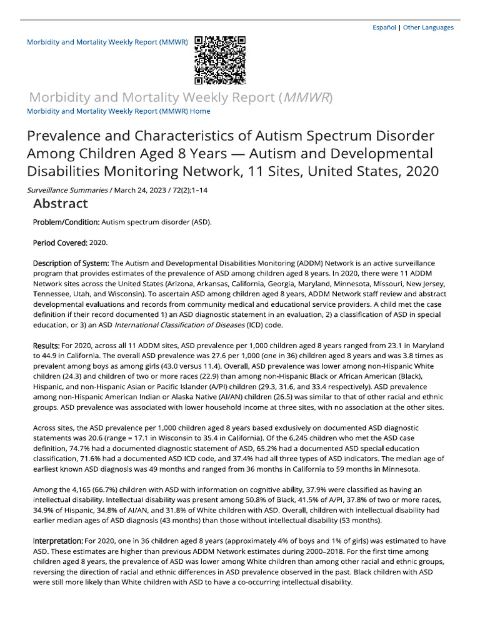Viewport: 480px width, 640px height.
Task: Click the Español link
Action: pos(384,27)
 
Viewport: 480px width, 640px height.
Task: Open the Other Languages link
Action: pos(428,27)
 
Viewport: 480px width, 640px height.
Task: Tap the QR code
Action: pos(219,60)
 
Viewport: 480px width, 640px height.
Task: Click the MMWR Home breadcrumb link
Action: pos(118,111)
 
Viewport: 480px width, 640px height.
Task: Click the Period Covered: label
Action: pos(60,241)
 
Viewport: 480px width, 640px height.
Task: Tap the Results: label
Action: pos(46,346)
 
